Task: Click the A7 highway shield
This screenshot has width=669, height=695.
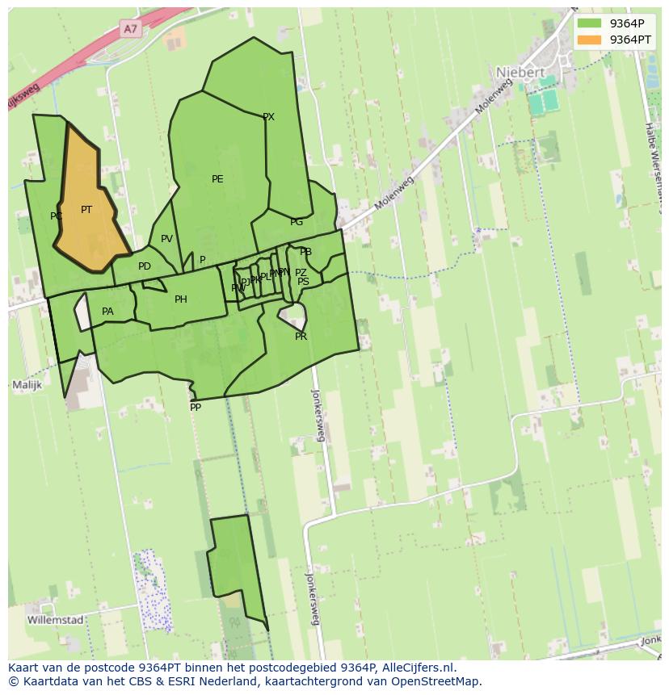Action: coord(132,28)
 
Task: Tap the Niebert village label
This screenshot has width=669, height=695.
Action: coord(520,72)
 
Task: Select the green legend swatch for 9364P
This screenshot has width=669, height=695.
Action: coord(589,23)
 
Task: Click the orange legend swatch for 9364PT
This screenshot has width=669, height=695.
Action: coord(589,40)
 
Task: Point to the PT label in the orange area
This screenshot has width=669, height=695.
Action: coord(86,210)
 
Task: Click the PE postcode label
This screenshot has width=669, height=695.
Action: coord(217,179)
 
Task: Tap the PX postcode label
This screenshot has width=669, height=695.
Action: coord(269,117)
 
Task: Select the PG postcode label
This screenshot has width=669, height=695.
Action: coord(297,222)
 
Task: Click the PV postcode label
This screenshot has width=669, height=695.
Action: coord(166,239)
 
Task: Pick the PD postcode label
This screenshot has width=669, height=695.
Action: coord(145,266)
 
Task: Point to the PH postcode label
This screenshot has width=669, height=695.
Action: coord(181,299)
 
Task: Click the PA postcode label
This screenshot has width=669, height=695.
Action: coord(107,312)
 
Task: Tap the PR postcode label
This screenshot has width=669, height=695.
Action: coord(301,337)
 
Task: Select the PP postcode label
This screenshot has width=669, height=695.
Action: coord(196,408)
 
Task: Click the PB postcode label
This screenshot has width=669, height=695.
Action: coord(305,252)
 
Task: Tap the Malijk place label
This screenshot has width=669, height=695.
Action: coord(27,386)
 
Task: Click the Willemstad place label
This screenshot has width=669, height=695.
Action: coord(55,620)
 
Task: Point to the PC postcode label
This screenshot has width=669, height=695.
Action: coord(56,216)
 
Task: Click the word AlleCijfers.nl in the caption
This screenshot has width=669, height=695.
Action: coord(417,668)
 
